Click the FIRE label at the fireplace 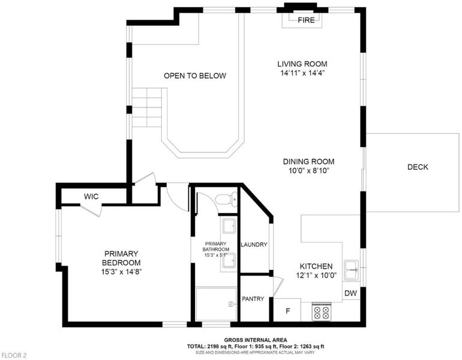tap(306, 20)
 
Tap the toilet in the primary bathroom tap(226, 199)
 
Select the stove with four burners tap(321, 312)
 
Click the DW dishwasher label tap(350, 293)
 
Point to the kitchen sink tap(352, 270)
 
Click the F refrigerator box tap(287, 310)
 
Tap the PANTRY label tap(253, 299)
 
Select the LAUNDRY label tap(254, 245)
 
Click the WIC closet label tap(91, 196)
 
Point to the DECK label tap(418, 167)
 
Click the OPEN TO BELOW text tap(195, 76)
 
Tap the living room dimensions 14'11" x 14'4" tap(302, 73)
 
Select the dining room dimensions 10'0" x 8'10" tap(308, 170)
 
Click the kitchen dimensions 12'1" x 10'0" tap(316, 275)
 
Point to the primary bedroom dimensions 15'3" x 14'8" tap(121, 272)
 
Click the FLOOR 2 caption tap(13, 356)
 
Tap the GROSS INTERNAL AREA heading tap(256, 340)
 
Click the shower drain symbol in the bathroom tap(231, 304)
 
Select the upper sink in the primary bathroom tap(229, 226)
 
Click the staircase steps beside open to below tap(147, 107)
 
